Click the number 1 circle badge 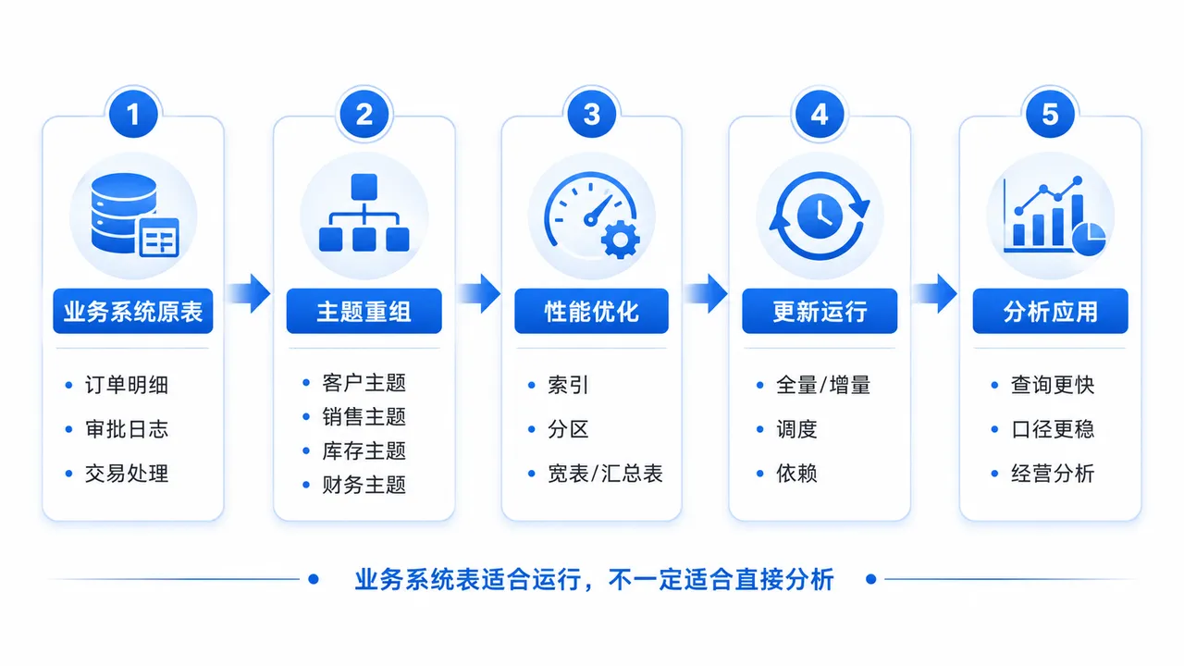(133, 114)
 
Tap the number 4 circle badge (820, 114)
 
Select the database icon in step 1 (135, 216)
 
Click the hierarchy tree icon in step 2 (364, 213)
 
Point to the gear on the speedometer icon (621, 240)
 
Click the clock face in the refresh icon (820, 216)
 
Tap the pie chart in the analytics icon (1090, 239)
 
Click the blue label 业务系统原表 (133, 311)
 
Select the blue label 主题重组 (364, 311)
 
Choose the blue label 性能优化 (591, 311)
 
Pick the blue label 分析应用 (1050, 311)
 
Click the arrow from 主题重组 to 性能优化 (479, 293)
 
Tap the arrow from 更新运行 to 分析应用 (935, 293)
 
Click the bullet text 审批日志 (127, 429)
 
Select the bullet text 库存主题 (364, 450)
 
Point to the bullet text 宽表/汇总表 (605, 474)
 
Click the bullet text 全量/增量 (823, 385)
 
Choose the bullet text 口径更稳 (1053, 429)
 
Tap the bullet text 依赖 (796, 474)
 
